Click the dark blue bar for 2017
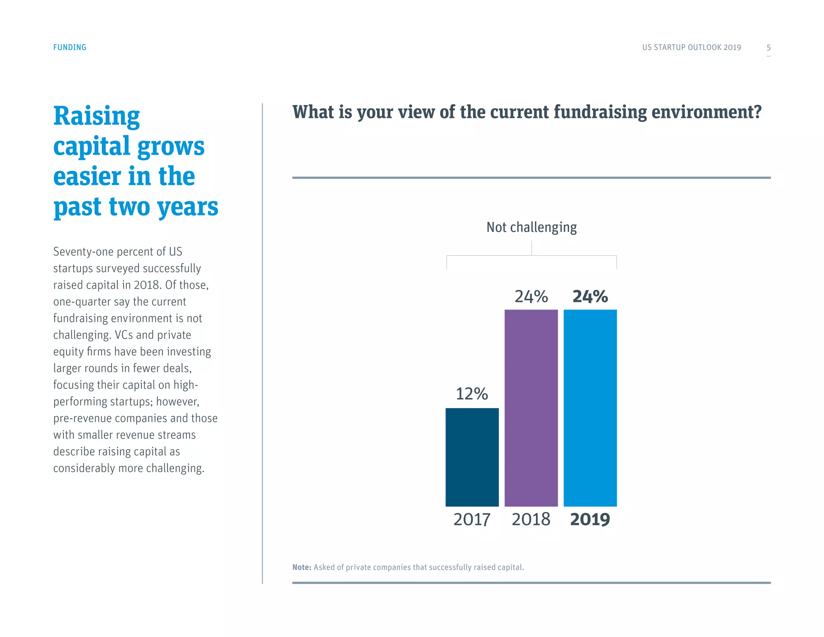(x=472, y=457)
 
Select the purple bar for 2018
(x=531, y=407)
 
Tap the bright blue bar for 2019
(x=590, y=407)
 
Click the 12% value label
(x=472, y=393)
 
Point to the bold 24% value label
(x=590, y=296)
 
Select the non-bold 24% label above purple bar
(x=531, y=296)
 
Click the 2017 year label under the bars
(x=472, y=519)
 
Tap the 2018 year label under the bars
(x=531, y=519)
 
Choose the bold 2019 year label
(x=590, y=519)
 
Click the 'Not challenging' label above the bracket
(x=531, y=227)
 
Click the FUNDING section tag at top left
(x=70, y=48)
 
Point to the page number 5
(x=768, y=48)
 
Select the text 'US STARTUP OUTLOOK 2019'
(x=691, y=48)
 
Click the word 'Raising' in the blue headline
(x=97, y=116)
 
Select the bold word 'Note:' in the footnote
(x=302, y=567)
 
